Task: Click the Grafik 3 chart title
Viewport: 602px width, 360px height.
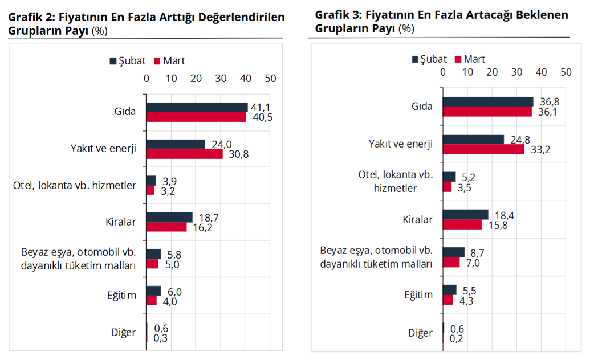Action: [441, 21]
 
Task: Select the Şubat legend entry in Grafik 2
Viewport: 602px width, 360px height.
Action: [128, 60]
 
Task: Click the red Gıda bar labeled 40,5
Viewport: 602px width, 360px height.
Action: [196, 117]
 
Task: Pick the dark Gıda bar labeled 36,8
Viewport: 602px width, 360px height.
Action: [488, 101]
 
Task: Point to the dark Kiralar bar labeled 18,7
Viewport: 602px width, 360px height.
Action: [169, 217]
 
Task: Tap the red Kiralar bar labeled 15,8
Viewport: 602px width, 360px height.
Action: [462, 224]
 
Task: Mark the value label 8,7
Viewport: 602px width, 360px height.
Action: [477, 252]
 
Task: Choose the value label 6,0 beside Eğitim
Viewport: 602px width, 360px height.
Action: [175, 291]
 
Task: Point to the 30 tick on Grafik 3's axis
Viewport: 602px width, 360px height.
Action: [517, 72]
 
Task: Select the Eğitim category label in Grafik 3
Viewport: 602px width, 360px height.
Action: [419, 295]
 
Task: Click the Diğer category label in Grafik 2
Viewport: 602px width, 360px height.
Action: [124, 333]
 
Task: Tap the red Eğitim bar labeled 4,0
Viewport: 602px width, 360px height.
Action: [151, 301]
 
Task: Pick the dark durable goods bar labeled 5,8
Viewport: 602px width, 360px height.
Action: [153, 254]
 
